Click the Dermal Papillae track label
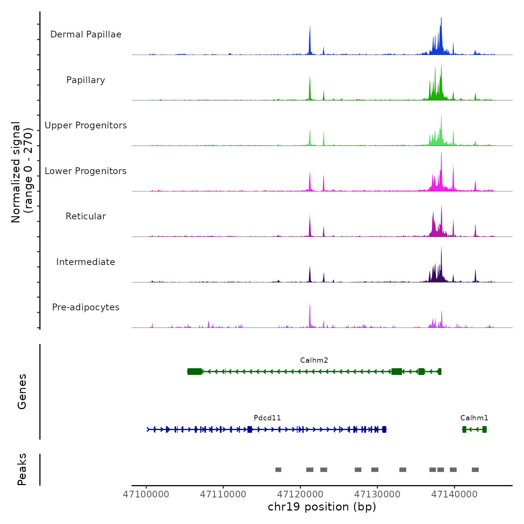pyautogui.click(x=86, y=34)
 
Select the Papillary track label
pyautogui.click(x=86, y=80)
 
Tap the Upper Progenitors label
pyautogui.click(x=86, y=125)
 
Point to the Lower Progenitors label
pyautogui.click(x=86, y=171)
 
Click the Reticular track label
pyautogui.click(x=86, y=216)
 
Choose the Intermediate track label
pyautogui.click(x=86, y=262)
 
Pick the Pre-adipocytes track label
pyautogui.click(x=86, y=307)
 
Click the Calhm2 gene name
pyautogui.click(x=314, y=360)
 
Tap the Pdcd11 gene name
pyautogui.click(x=267, y=418)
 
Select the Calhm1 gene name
pyautogui.click(x=474, y=418)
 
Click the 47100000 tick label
pyautogui.click(x=146, y=494)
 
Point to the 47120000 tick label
pyautogui.click(x=300, y=494)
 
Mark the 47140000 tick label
pyautogui.click(x=454, y=494)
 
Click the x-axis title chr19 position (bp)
pyautogui.click(x=322, y=507)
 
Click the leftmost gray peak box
pyautogui.click(x=278, y=470)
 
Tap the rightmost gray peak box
pyautogui.click(x=475, y=470)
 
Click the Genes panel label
pyautogui.click(x=22, y=392)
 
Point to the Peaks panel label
pyautogui.click(x=22, y=469)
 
